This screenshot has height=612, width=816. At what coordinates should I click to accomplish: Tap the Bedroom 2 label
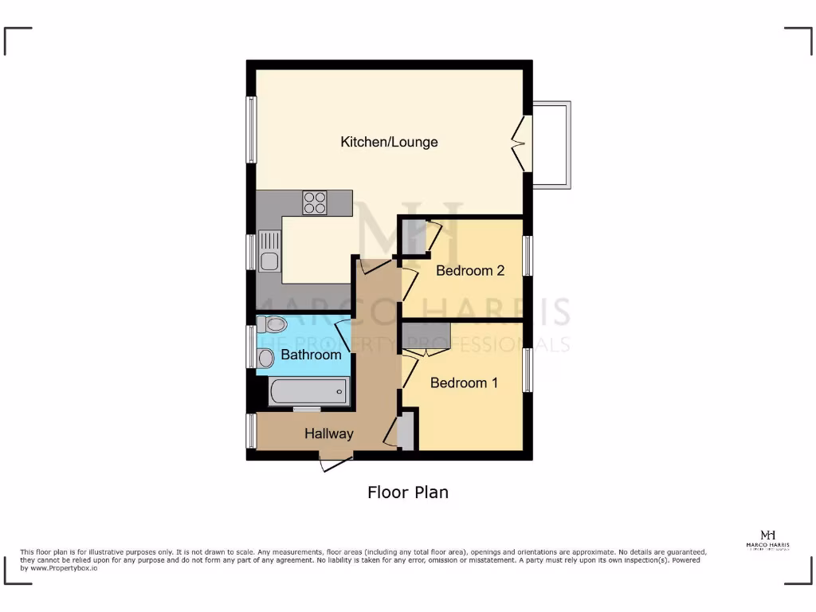pos(470,270)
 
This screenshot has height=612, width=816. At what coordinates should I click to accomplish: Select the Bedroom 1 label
pos(464,383)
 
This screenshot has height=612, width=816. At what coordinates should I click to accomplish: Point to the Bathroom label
pos(311,355)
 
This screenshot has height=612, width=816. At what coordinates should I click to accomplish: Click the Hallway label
pos(328,434)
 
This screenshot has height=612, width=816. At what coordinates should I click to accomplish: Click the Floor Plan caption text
pos(407,492)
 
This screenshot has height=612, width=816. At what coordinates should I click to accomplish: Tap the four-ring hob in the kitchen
pos(315,202)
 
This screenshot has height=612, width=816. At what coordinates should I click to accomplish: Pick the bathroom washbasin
pos(265,358)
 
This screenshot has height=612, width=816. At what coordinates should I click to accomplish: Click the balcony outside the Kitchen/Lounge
pos(551,144)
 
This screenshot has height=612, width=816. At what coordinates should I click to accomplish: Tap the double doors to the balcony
pos(524,144)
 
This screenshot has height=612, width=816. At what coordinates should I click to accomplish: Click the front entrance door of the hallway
pos(335,462)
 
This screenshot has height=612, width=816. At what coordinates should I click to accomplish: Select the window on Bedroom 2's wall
pos(528,256)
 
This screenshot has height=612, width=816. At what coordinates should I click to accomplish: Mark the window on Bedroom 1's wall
pos(528,370)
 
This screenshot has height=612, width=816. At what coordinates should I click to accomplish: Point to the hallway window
pos(251,431)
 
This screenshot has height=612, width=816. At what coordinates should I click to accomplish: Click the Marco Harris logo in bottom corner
pos(768,539)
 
